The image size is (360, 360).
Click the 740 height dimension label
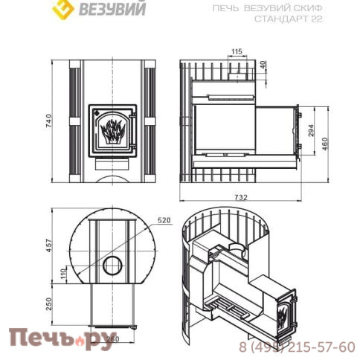click(x=49, y=123)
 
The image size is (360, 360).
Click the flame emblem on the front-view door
click(x=112, y=132)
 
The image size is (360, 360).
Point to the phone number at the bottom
click(x=297, y=347)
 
